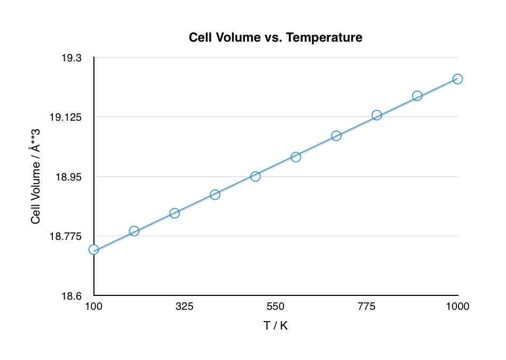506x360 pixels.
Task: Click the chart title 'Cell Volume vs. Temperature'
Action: (275, 38)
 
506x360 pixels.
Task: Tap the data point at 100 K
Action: (94, 250)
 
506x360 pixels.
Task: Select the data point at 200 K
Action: (134, 231)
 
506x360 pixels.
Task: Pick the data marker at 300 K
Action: (175, 213)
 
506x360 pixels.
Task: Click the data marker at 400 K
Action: (215, 194)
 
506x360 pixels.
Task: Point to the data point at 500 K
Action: (255, 176)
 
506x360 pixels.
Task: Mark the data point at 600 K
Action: (296, 157)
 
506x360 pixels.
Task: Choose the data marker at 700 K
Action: (336, 136)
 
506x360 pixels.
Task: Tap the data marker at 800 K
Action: (377, 115)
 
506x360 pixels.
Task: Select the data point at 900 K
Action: (417, 96)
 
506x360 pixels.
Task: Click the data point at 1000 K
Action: (457, 79)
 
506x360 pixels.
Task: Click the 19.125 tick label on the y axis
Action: (69, 117)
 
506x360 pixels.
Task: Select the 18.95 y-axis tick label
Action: (72, 177)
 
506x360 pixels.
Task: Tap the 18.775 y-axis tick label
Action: (69, 236)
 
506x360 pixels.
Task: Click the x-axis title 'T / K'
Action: (275, 325)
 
